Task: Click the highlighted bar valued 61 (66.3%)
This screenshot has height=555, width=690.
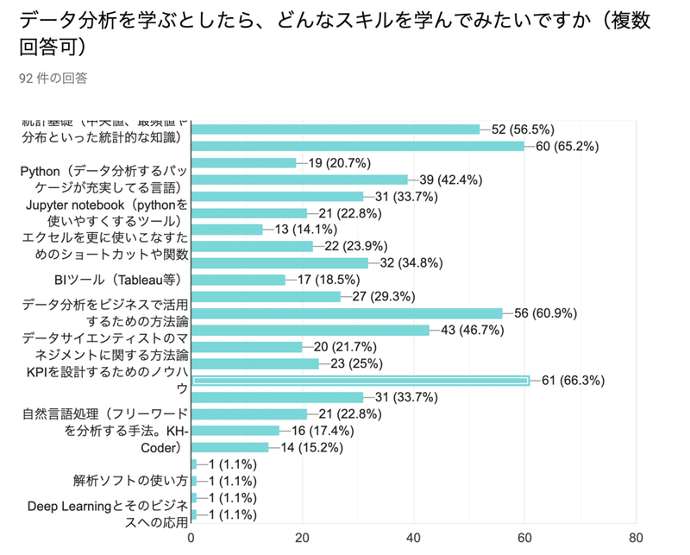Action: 360,381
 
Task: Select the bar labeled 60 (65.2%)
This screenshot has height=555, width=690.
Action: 357,146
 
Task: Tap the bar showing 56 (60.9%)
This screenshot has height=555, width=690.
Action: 346,313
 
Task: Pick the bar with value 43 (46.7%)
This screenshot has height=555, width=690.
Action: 310,330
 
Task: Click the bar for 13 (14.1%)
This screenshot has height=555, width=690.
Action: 226,230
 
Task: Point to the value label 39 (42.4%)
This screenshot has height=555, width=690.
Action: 449,180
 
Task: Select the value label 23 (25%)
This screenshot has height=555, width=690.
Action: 352,363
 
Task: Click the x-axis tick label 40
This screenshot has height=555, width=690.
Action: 413,538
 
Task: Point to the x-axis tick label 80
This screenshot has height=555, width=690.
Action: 636,538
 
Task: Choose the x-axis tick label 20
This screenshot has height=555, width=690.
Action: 303,538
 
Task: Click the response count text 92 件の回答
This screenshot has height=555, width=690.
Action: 53,79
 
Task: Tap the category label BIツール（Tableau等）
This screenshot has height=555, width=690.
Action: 120,280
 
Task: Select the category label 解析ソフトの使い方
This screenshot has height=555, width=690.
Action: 129,481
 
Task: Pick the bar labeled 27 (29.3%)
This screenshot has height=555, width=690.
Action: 265,297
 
